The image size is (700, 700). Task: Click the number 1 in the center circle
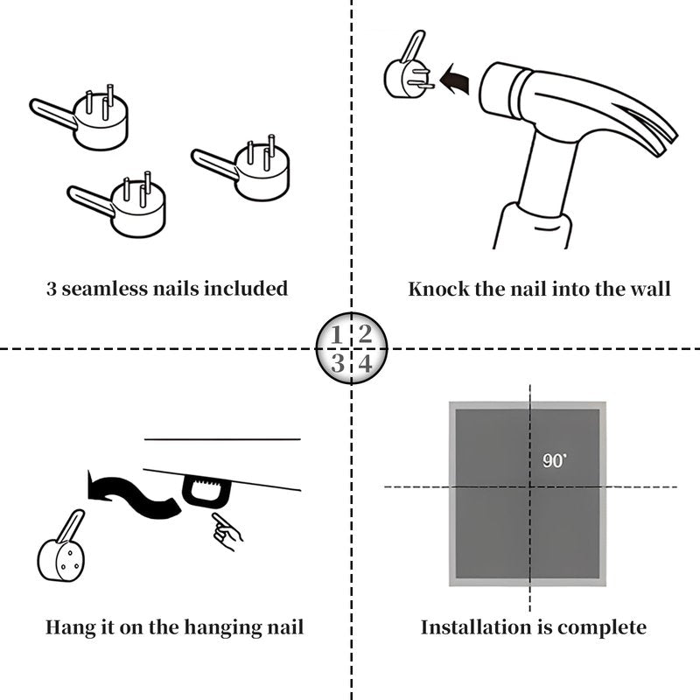tap(336, 335)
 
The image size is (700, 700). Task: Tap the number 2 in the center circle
tap(365, 334)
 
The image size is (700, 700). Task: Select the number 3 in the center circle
tap(338, 363)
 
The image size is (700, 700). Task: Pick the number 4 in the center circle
tap(366, 363)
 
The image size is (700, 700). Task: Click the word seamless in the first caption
tap(105, 289)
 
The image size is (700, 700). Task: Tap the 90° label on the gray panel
tap(555, 461)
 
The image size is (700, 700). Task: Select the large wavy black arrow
tap(134, 493)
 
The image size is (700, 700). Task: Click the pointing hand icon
tap(227, 531)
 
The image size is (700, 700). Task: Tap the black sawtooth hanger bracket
tap(206, 491)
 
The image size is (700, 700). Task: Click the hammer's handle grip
tap(532, 227)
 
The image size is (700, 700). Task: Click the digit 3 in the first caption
tap(52, 289)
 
